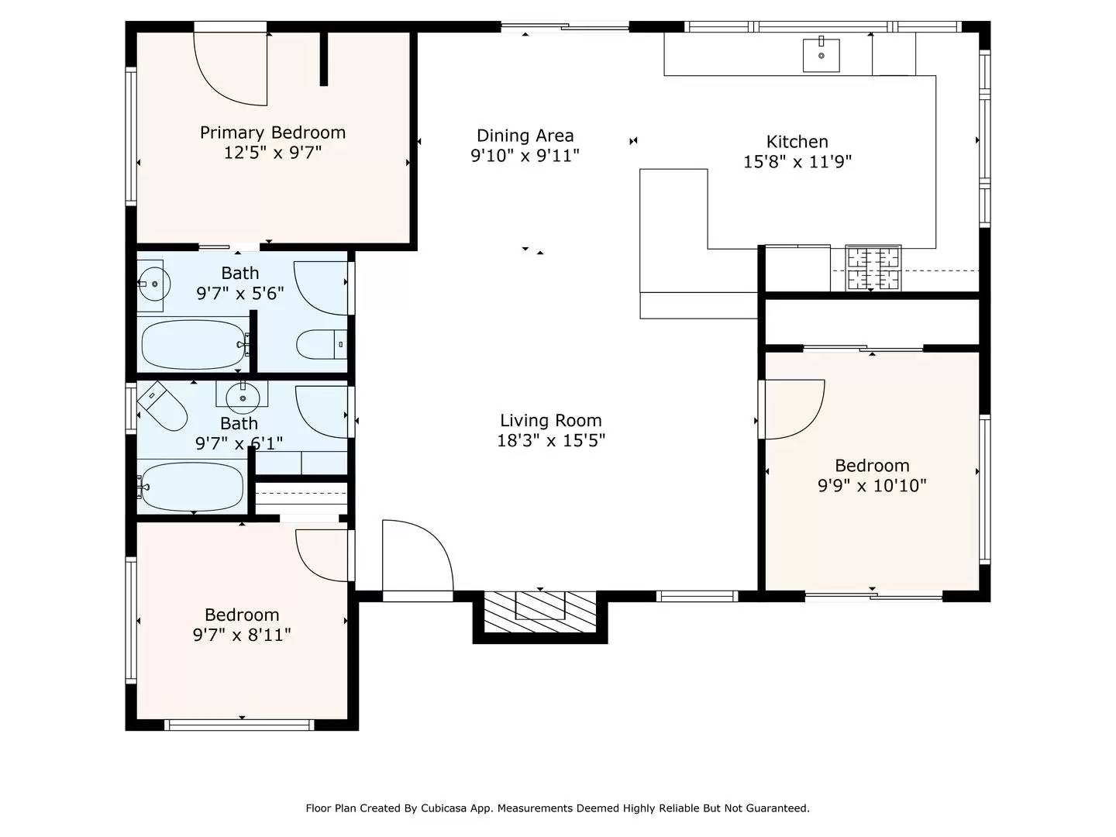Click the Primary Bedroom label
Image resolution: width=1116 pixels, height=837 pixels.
tap(273, 133)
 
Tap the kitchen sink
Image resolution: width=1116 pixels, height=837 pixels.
tap(821, 55)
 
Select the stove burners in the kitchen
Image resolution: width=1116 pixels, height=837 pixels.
tap(873, 268)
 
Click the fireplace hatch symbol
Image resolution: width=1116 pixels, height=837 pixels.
tap(540, 610)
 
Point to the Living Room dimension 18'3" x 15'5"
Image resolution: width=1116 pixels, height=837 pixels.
tap(550, 441)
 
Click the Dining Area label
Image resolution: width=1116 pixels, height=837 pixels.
tap(525, 136)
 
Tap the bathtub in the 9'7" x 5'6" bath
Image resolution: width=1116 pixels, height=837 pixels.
tap(194, 345)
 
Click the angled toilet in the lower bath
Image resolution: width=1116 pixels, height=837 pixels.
tap(163, 407)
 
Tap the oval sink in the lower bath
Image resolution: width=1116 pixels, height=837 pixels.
tap(243, 398)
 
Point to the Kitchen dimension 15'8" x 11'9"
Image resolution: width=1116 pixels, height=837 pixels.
tap(797, 162)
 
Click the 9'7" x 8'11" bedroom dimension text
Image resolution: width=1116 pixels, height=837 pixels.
tap(242, 635)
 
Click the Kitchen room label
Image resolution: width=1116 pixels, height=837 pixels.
tap(797, 142)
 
